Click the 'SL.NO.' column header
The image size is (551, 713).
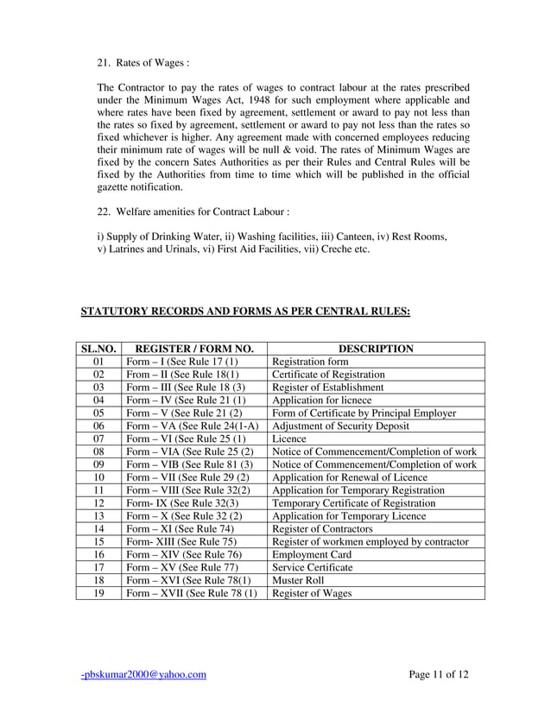pyautogui.click(x=98, y=349)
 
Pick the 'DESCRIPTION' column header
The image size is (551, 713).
pyautogui.click(x=376, y=349)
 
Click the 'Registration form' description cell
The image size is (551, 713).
pyautogui.click(x=310, y=362)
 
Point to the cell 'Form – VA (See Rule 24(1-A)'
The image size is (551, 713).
pyautogui.click(x=193, y=426)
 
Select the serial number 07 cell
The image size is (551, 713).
pyautogui.click(x=98, y=439)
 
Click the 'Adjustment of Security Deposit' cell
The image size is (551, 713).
pyautogui.click(x=342, y=426)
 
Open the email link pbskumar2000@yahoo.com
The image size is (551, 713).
pyautogui.click(x=143, y=675)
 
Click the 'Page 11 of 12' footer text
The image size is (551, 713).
pyautogui.click(x=439, y=675)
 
